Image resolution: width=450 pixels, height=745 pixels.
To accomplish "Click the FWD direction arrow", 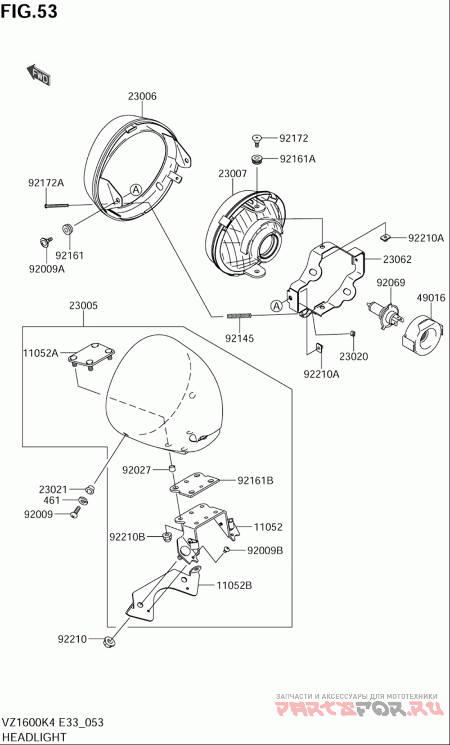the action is [x=39, y=74].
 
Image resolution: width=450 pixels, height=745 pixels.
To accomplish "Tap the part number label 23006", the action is [x=142, y=96].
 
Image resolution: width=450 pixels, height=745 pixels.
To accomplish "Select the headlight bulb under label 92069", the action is [x=385, y=315].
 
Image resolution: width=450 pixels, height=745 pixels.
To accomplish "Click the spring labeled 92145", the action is [x=240, y=316].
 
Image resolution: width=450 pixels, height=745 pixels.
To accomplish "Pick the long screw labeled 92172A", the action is [x=56, y=206].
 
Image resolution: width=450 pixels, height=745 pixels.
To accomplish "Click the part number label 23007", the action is [x=232, y=174].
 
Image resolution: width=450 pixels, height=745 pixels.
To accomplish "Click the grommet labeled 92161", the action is [x=68, y=229].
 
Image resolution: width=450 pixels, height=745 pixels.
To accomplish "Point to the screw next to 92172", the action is [x=256, y=140].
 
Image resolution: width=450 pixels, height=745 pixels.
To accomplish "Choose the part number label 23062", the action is [x=397, y=259].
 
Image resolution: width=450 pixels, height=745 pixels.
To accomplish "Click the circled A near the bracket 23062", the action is [x=276, y=306].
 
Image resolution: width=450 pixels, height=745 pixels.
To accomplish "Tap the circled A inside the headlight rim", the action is [x=136, y=190].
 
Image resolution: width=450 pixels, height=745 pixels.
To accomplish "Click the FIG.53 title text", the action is [x=29, y=11].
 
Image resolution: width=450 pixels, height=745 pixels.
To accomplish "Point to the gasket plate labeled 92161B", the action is [x=194, y=485].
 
